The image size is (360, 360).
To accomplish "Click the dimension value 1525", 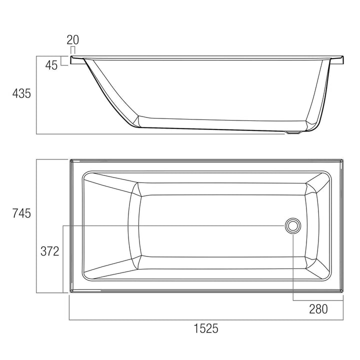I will coord(205,328).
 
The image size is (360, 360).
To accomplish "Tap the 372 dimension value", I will coord(50,251).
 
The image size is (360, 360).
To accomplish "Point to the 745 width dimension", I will coord(21,213).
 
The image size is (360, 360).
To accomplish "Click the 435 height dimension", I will coord(21,93).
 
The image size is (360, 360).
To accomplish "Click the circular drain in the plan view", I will coord(293,226).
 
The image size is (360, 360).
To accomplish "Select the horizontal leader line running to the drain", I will coord(175,226).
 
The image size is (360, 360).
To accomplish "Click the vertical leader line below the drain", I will coord(293,265).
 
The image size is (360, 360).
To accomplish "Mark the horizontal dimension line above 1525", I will coord(205,319).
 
